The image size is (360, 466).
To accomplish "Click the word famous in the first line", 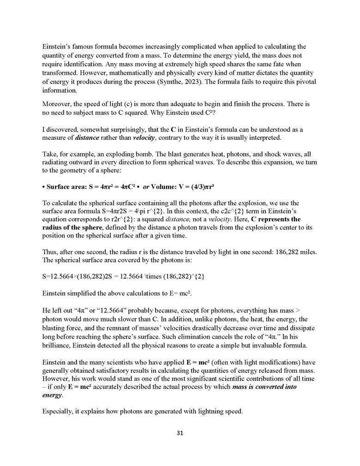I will pyautogui.click(x=80, y=47).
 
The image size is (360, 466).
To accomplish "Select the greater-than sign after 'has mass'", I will pyautogui.click(x=298, y=307).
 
